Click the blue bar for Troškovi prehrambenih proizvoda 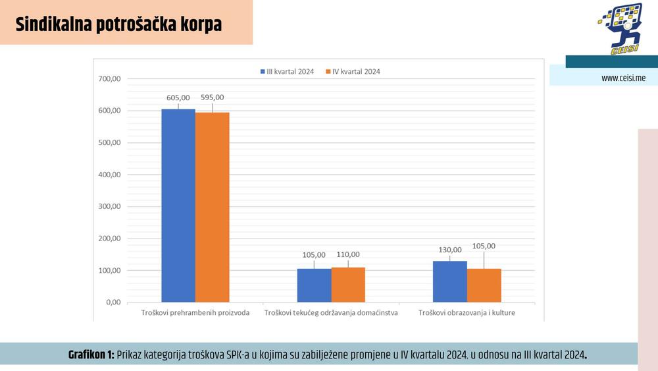point(178,206)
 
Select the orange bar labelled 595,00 point(213,208)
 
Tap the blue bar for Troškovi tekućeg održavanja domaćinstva point(314,285)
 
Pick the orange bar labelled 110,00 point(348,285)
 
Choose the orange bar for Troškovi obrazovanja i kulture point(484,285)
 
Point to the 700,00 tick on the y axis point(109,79)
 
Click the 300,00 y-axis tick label point(109,207)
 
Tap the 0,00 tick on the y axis point(113,302)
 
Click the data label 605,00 point(178,98)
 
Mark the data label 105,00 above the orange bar point(484,246)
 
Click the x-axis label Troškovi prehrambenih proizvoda point(195,312)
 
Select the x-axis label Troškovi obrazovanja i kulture point(467,312)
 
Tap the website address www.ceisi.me point(623,78)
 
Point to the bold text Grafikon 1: point(91,355)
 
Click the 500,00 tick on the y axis point(109,143)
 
